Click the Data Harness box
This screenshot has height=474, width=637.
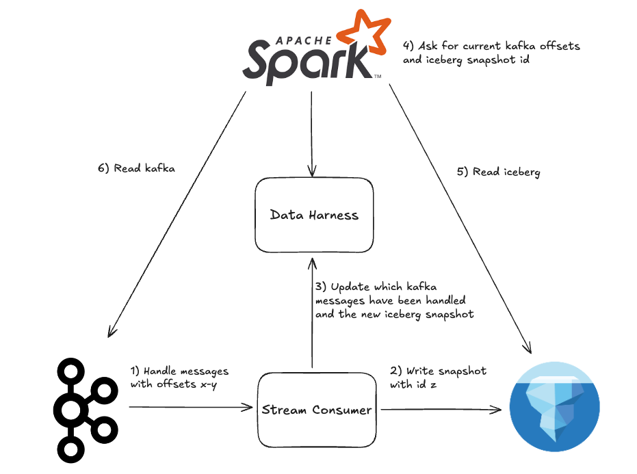[x=314, y=215]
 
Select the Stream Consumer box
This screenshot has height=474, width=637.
[x=317, y=410]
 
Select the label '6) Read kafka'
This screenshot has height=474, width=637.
[x=136, y=168]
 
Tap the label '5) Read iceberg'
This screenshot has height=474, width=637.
[x=497, y=172]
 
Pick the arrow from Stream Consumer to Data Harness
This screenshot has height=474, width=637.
[x=312, y=315]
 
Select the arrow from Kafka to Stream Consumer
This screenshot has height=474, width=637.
[x=190, y=408]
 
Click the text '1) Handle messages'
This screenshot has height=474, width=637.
[x=179, y=371]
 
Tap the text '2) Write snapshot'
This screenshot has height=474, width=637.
[x=437, y=371]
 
